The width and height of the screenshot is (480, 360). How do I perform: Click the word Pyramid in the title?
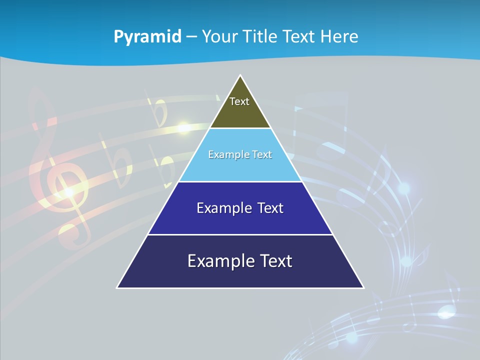click(147, 37)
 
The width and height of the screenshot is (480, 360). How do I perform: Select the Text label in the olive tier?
click(239, 101)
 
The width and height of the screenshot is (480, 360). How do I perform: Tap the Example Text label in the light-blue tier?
click(240, 154)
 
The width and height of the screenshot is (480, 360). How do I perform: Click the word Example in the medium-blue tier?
click(220, 208)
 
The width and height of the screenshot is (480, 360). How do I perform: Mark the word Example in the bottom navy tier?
click(216, 261)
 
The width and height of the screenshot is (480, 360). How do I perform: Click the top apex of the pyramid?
click(240, 76)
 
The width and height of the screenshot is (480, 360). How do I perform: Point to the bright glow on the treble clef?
click(69, 191)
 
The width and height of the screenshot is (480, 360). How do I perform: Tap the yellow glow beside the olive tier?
click(184, 127)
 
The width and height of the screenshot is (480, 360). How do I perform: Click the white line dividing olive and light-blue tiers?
click(240, 128)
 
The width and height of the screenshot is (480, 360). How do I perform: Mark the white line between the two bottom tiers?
click(240, 234)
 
